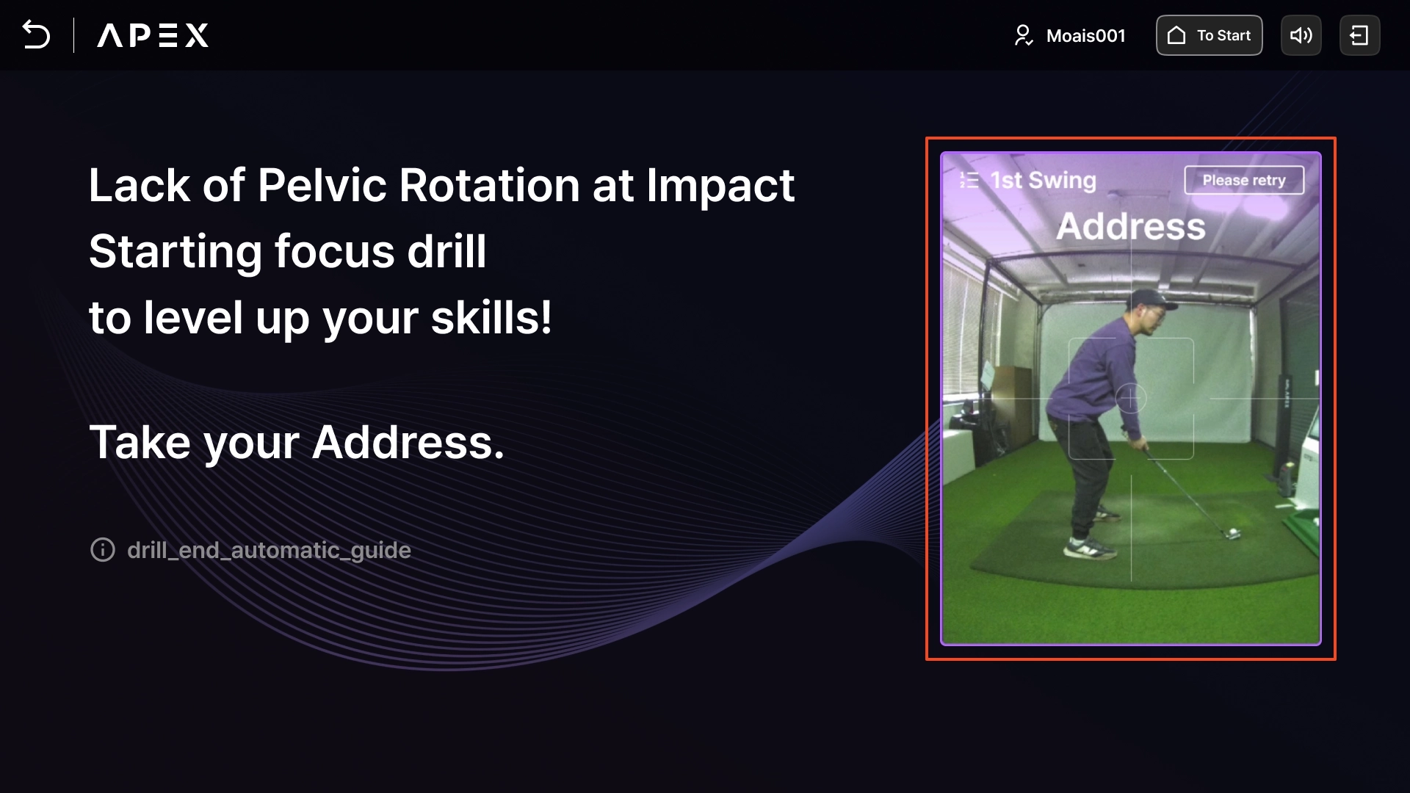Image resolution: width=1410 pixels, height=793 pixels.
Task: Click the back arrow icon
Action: click(36, 35)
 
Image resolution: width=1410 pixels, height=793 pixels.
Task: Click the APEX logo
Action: click(153, 35)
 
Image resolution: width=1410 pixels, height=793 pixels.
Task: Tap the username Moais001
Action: click(1085, 36)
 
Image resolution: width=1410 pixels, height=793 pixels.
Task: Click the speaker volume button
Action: click(1301, 35)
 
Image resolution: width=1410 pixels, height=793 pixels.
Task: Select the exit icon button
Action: click(1359, 35)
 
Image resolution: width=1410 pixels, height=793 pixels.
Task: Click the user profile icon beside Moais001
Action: click(1023, 35)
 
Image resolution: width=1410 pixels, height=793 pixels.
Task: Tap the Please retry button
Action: click(1244, 180)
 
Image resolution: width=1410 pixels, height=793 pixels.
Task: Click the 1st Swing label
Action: click(1043, 180)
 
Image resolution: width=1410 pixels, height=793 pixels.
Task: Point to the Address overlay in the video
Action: click(1131, 226)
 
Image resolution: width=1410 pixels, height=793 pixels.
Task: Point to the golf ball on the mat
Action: click(1233, 532)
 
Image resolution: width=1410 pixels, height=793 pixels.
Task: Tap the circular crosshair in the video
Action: click(1131, 399)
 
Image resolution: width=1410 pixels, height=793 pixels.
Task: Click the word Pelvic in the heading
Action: click(322, 185)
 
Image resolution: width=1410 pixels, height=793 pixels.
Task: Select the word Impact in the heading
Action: click(720, 185)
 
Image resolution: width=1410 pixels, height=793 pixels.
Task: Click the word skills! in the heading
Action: click(491, 317)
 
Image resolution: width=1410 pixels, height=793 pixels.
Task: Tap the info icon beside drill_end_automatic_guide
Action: click(103, 549)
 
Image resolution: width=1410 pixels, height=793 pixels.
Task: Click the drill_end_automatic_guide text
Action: click(269, 550)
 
